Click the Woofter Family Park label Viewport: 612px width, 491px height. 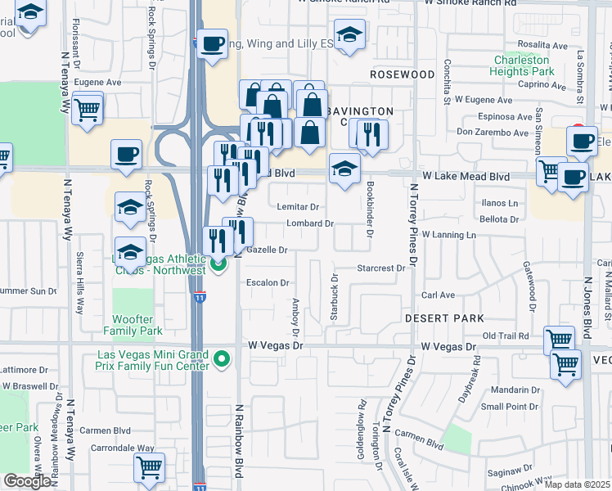[133, 325]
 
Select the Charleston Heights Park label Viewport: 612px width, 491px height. [524, 65]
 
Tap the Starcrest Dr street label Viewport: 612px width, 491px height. [381, 268]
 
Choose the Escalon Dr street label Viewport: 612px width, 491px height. [268, 283]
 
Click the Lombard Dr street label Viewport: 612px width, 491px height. [310, 223]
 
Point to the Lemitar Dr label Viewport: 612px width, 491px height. [298, 207]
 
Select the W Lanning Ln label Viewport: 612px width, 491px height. [448, 235]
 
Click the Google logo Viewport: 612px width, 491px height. [27, 481]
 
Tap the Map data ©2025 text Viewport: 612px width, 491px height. [576, 484]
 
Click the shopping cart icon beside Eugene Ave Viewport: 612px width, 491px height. [88, 109]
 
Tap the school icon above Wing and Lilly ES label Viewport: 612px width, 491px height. [349, 35]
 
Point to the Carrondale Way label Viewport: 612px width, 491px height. [123, 448]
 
